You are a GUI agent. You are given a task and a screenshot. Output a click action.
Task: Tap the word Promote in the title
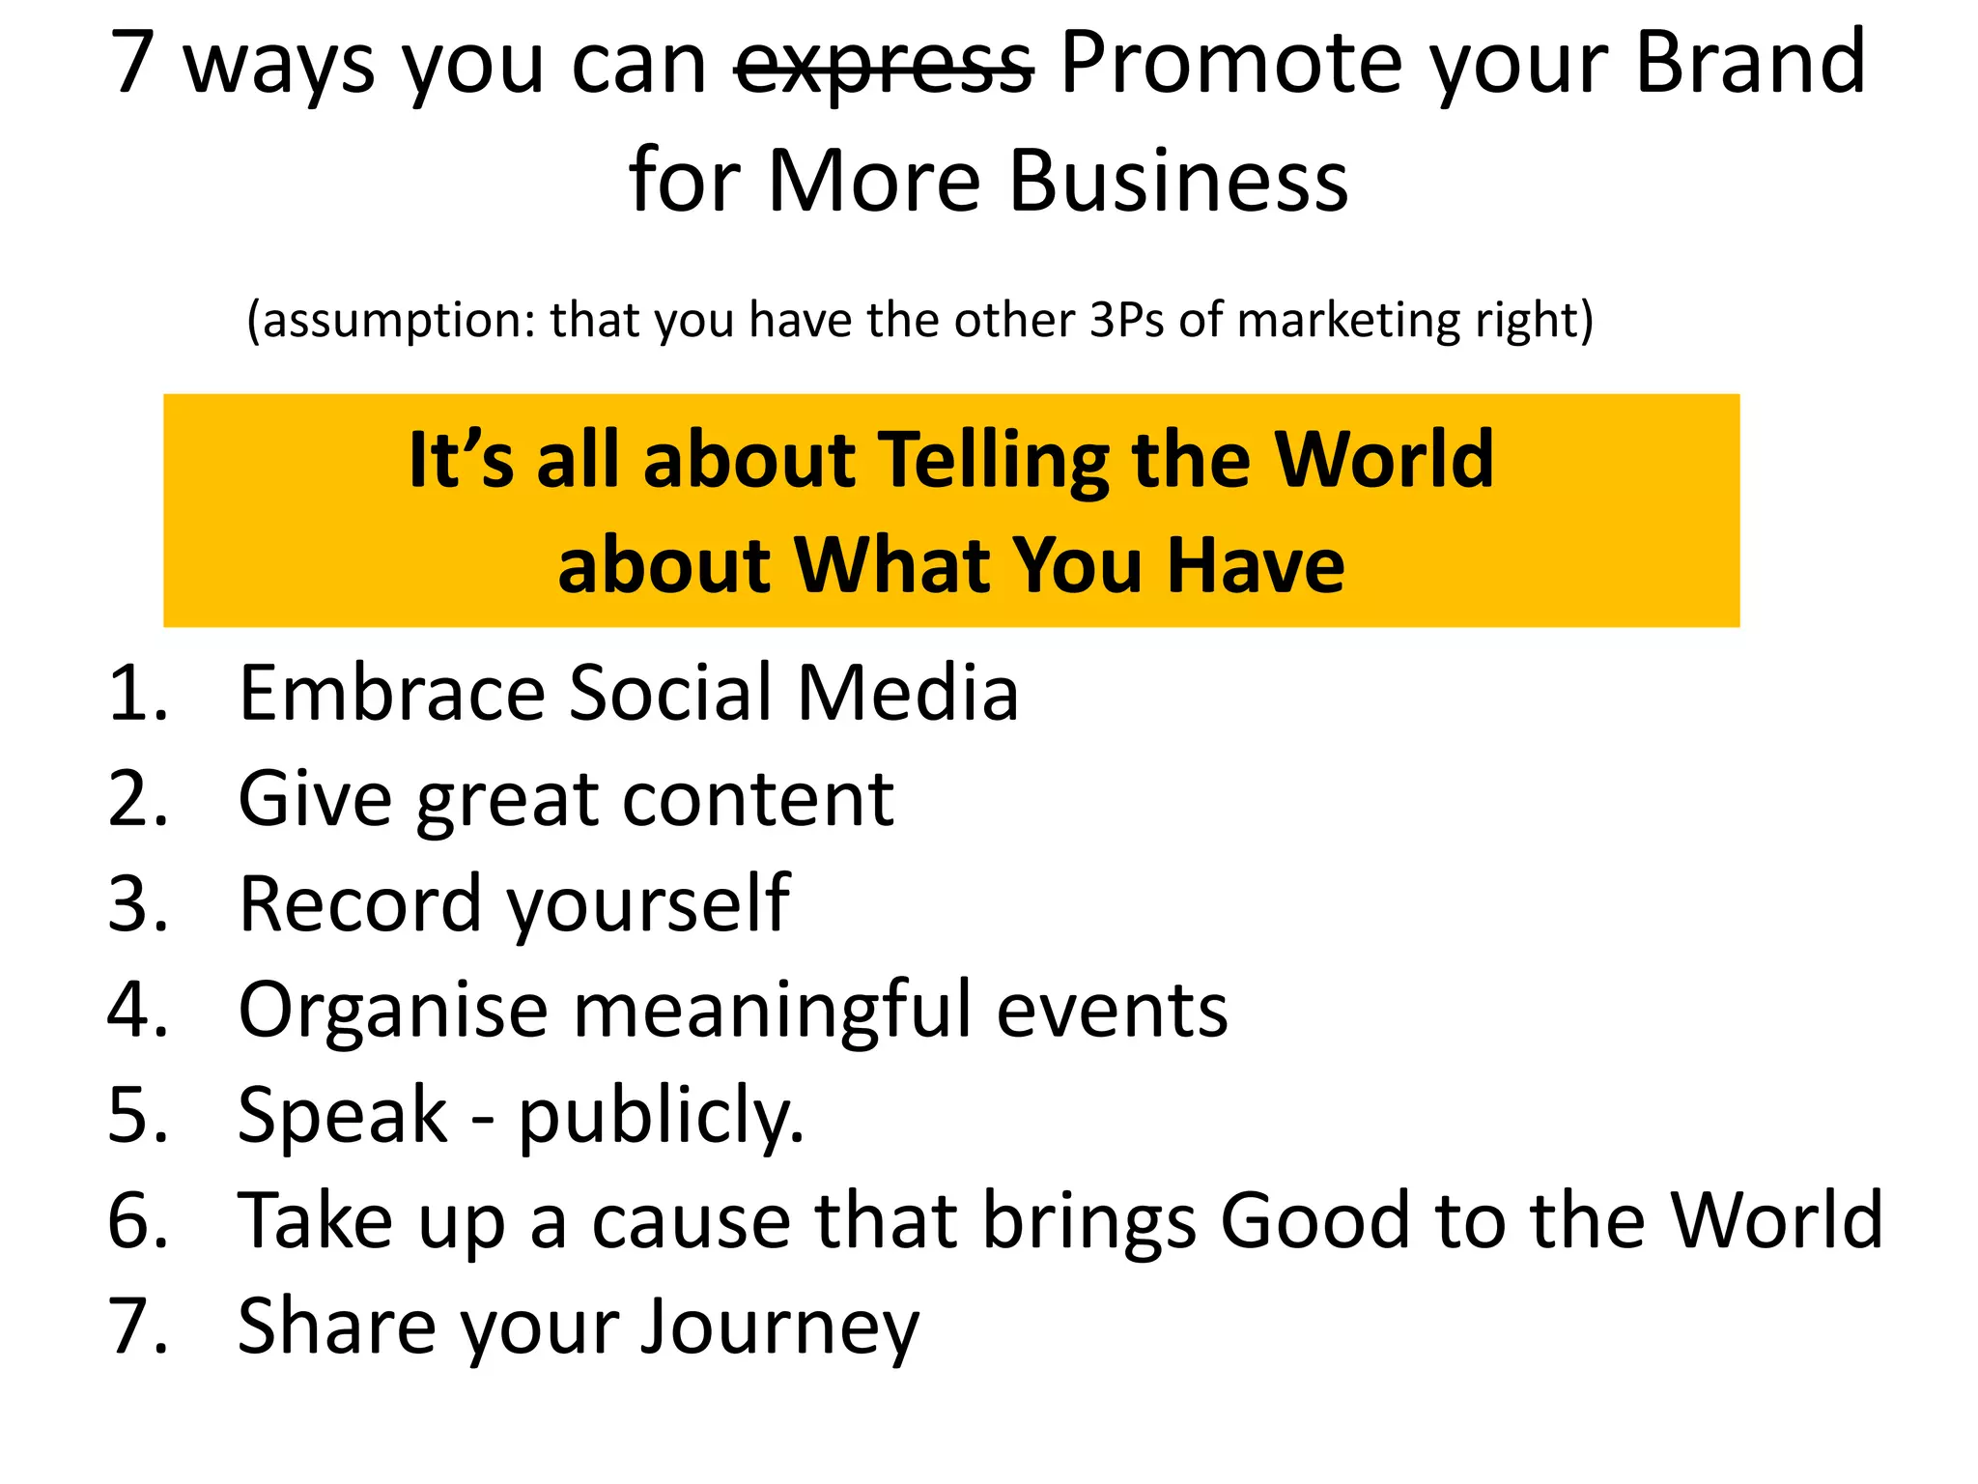pos(1228,63)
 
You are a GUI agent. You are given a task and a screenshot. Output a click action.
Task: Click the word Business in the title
pos(1178,182)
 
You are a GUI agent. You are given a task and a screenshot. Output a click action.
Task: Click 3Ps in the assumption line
pos(1126,319)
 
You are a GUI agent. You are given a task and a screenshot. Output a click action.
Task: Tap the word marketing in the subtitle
pos(1348,321)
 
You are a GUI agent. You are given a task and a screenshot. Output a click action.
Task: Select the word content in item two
pos(758,800)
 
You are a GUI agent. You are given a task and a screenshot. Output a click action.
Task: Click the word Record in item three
pos(360,905)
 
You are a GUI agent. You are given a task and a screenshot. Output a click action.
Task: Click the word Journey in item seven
pos(779,1327)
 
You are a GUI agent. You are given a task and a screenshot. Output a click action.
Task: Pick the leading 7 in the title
pos(133,63)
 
